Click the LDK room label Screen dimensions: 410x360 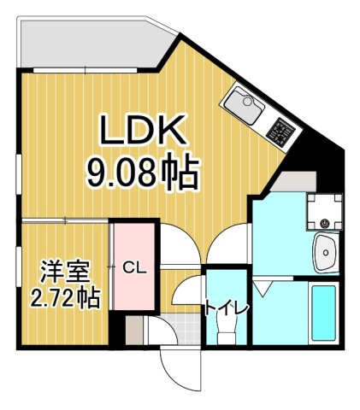(x=143, y=132)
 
